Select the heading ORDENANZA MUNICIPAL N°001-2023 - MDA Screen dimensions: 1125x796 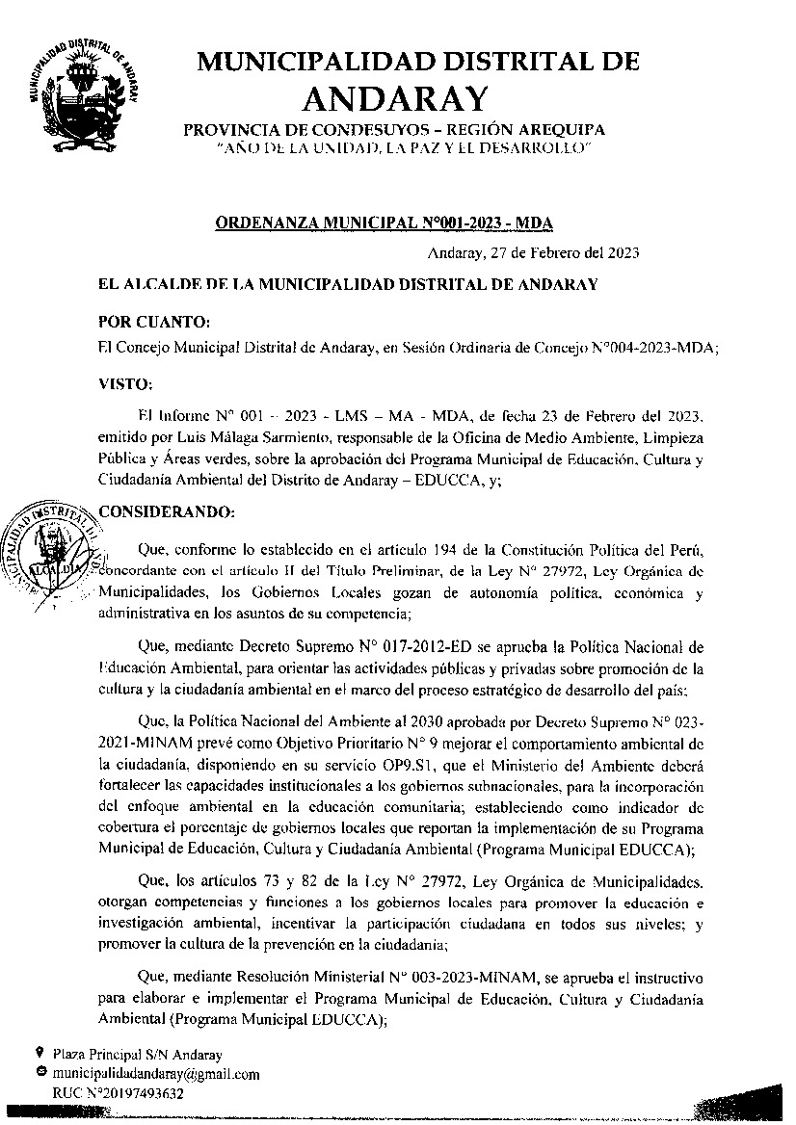click(385, 223)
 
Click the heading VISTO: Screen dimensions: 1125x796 click(126, 384)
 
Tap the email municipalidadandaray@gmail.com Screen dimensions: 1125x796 click(157, 1075)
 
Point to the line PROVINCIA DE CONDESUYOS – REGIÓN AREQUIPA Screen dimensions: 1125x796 click(394, 130)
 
